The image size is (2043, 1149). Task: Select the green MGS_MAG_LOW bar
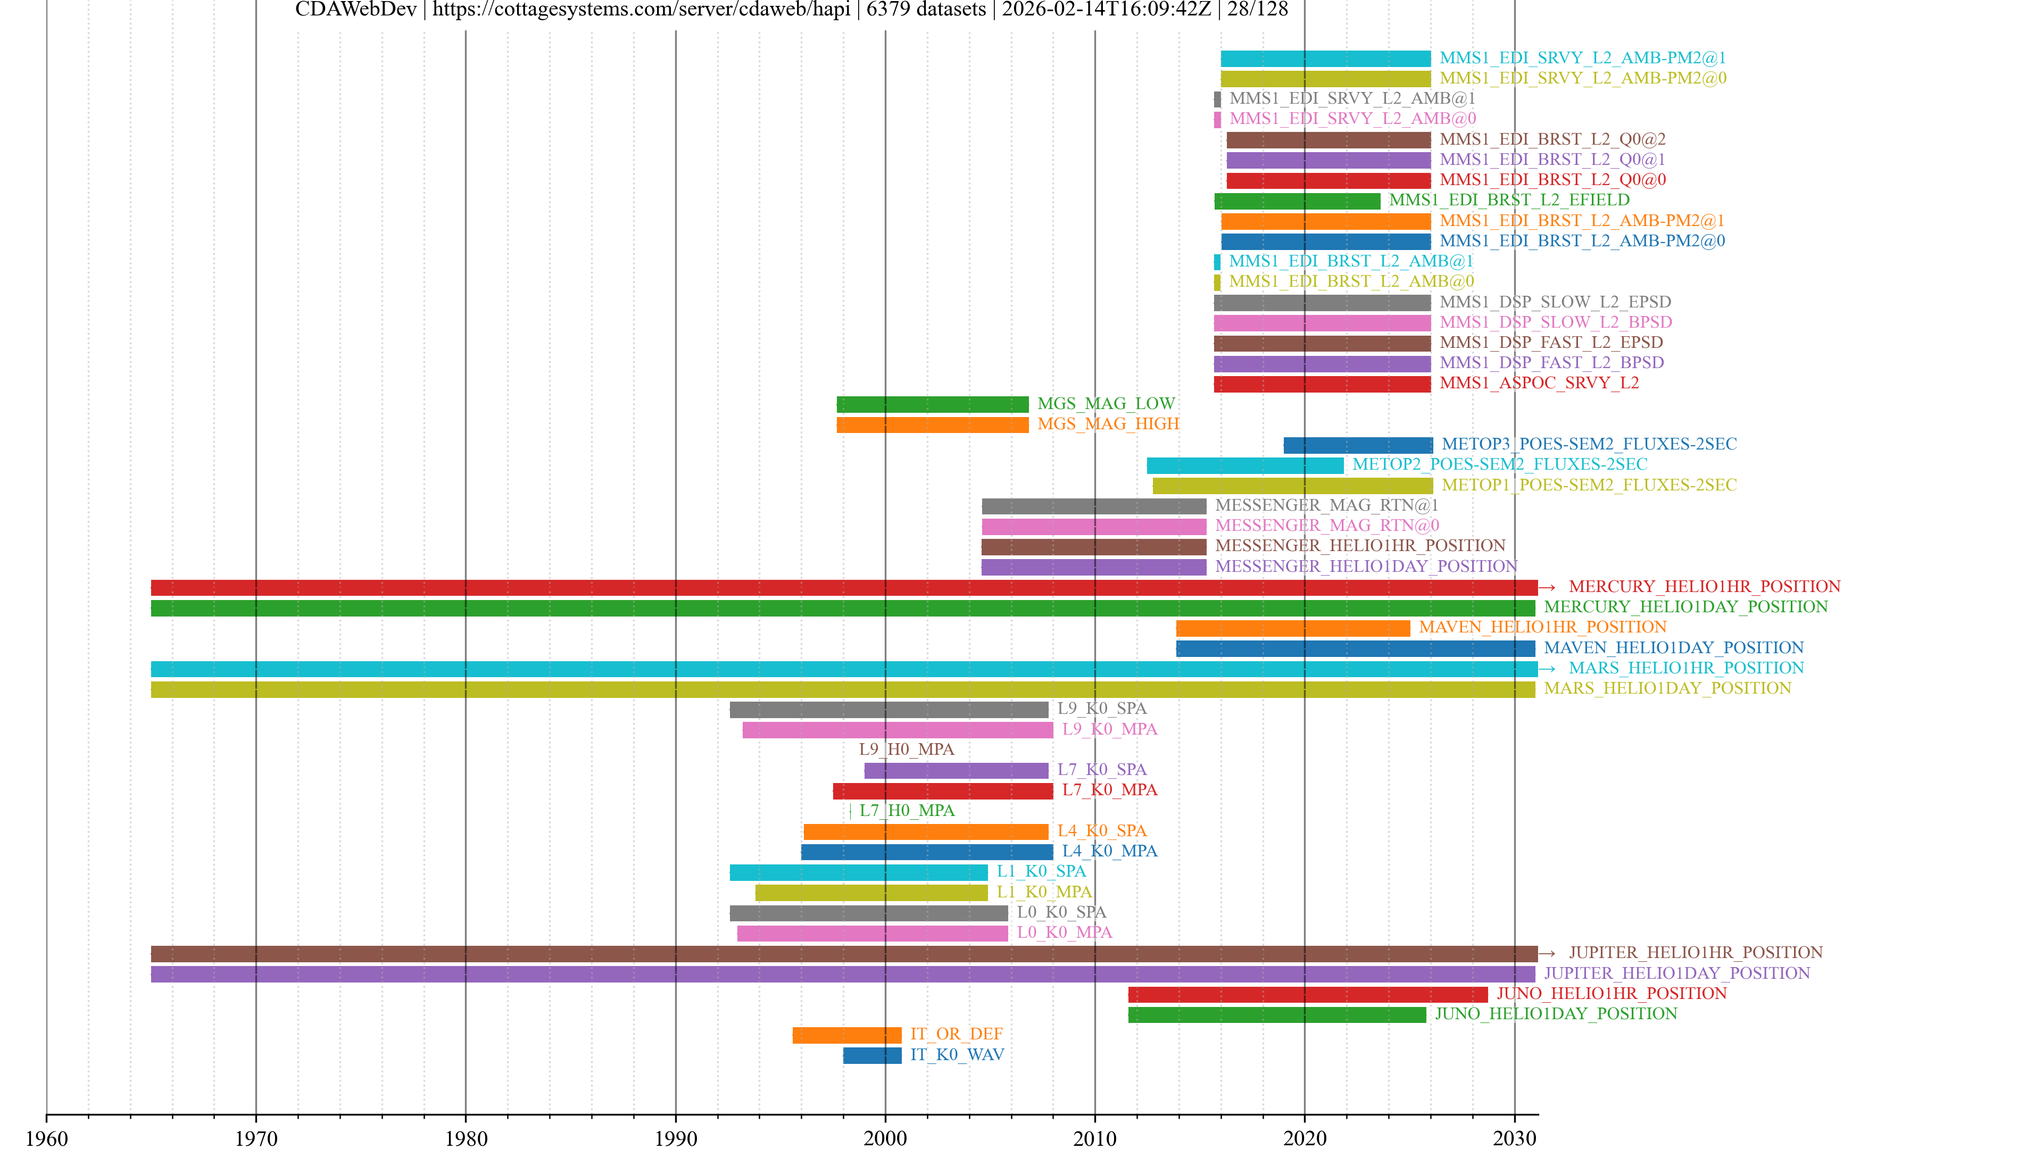pos(932,404)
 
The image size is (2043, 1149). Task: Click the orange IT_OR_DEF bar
pos(846,1035)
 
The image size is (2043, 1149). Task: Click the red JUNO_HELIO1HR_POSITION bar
pos(1307,994)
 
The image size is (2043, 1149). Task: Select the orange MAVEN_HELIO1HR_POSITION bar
pos(1293,628)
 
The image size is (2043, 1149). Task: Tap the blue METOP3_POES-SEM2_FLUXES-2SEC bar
pos(1358,445)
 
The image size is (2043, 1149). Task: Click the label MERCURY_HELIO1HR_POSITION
pos(1704,587)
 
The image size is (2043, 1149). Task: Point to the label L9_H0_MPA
pos(907,750)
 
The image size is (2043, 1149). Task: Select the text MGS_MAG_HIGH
pos(1108,424)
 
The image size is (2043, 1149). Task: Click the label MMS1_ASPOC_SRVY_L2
pos(1539,383)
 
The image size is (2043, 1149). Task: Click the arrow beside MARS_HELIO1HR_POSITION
pos(1547,669)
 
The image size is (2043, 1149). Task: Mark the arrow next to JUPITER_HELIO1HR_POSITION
pos(1547,953)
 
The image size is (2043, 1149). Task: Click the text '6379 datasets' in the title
pos(926,10)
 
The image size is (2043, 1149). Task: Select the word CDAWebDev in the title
pos(355,10)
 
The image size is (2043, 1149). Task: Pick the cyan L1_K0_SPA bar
pos(858,872)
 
